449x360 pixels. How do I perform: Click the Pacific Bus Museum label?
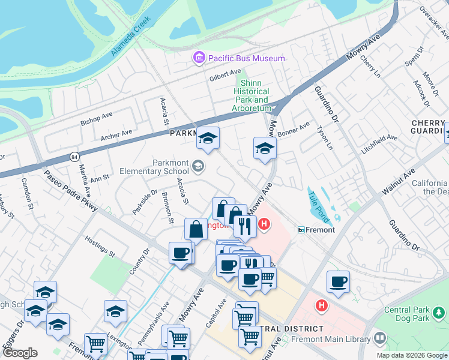246,58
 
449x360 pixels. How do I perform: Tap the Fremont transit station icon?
301,230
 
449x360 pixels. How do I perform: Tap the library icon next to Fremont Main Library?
379,339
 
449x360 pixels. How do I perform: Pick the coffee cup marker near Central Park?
339,281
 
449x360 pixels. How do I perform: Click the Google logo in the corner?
20,353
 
